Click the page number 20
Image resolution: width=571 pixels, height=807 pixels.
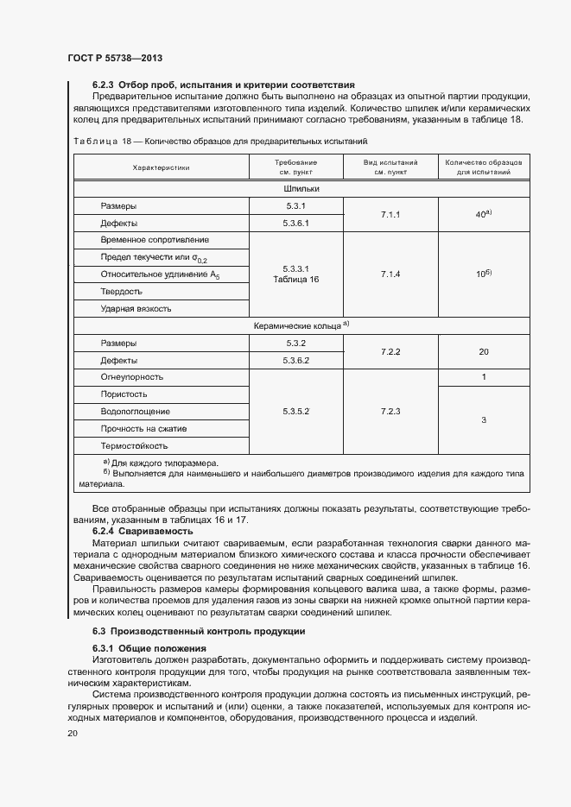click(73, 733)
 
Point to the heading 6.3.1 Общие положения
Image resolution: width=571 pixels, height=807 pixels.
click(149, 648)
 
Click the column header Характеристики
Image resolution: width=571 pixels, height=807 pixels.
click(161, 167)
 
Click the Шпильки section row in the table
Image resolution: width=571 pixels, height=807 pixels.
click(301, 188)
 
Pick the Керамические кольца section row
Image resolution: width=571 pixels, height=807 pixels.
click(301, 326)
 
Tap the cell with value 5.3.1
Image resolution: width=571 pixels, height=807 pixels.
click(296, 205)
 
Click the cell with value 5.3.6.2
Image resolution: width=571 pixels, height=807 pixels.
click(296, 360)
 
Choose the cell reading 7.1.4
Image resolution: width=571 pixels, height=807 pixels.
click(390, 274)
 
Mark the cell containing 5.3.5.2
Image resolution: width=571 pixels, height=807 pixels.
click(296, 412)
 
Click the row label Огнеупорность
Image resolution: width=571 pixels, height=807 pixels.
click(131, 377)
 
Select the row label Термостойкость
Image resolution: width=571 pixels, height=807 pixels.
click(134, 446)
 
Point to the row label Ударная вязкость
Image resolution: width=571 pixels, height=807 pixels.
click(136, 308)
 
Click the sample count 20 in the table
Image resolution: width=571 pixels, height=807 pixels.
click(484, 351)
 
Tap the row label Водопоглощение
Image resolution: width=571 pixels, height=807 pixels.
click(135, 412)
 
